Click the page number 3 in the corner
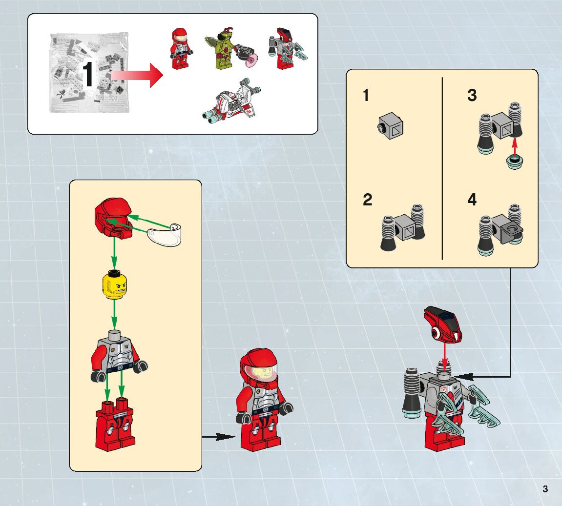tap(545, 489)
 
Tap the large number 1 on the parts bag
tap(88, 75)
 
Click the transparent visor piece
tap(165, 234)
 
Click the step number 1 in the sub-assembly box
tap(366, 95)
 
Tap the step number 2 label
tap(368, 200)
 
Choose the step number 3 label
tap(472, 95)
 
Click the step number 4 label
tap(472, 200)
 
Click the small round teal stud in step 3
tap(514, 162)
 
